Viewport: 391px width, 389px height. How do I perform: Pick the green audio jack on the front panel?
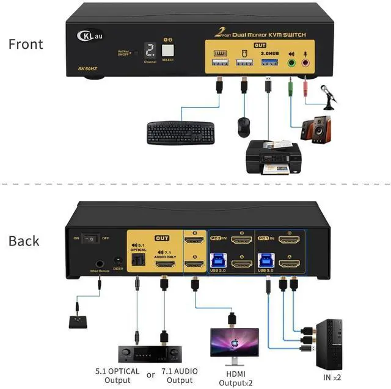(x=291, y=62)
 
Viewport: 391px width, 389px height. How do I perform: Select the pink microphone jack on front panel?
(x=306, y=62)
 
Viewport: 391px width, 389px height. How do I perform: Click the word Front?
(x=26, y=45)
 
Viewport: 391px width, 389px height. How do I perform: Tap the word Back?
(x=24, y=241)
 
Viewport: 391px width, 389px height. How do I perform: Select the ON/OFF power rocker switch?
(x=92, y=238)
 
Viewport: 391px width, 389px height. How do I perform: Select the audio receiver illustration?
(x=142, y=355)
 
